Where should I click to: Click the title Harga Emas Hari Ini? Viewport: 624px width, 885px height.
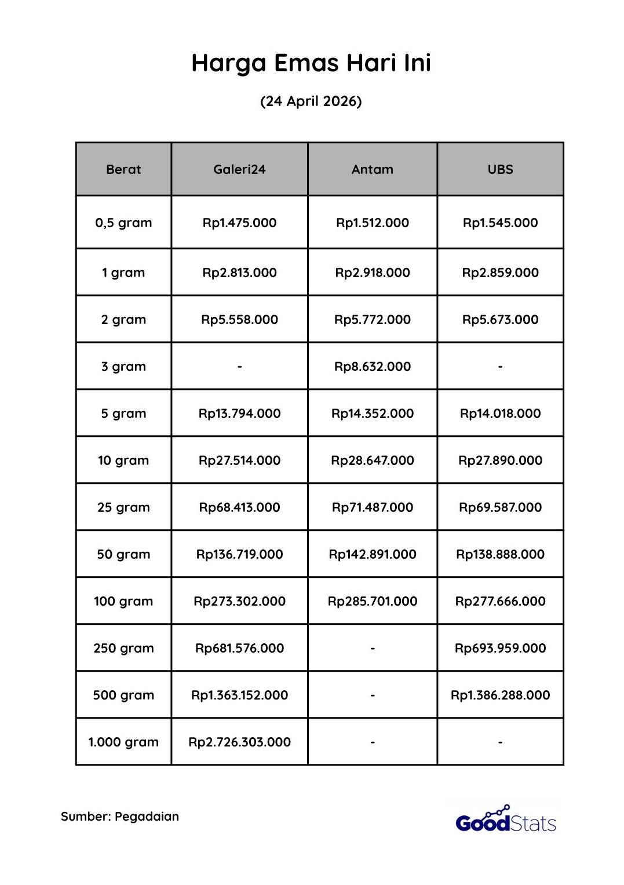(x=311, y=63)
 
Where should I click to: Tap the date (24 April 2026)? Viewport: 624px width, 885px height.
(x=311, y=101)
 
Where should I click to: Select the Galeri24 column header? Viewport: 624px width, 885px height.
(x=239, y=169)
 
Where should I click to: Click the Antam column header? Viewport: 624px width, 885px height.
(x=372, y=169)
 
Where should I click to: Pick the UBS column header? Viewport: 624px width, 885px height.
(x=500, y=169)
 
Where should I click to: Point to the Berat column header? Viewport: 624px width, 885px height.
(x=123, y=169)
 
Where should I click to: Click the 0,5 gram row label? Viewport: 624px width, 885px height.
(x=123, y=223)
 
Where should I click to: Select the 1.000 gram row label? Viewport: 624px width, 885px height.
(x=123, y=742)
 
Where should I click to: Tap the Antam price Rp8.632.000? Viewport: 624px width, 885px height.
(x=372, y=366)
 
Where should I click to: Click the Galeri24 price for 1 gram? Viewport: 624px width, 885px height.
(x=239, y=272)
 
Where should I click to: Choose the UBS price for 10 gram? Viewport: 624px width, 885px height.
(x=500, y=460)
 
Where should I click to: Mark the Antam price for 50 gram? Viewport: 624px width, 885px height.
(x=372, y=554)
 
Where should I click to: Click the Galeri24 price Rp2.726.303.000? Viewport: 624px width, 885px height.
(x=239, y=742)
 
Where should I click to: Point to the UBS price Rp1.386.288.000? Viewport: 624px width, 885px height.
(x=500, y=695)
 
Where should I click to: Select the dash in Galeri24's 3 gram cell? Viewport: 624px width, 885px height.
(x=239, y=366)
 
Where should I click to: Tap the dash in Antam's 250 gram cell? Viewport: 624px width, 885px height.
(x=372, y=648)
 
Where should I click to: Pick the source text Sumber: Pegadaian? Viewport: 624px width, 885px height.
(x=120, y=817)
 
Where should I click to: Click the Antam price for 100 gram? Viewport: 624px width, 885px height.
(x=372, y=601)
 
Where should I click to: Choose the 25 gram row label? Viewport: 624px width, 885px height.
(x=123, y=507)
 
